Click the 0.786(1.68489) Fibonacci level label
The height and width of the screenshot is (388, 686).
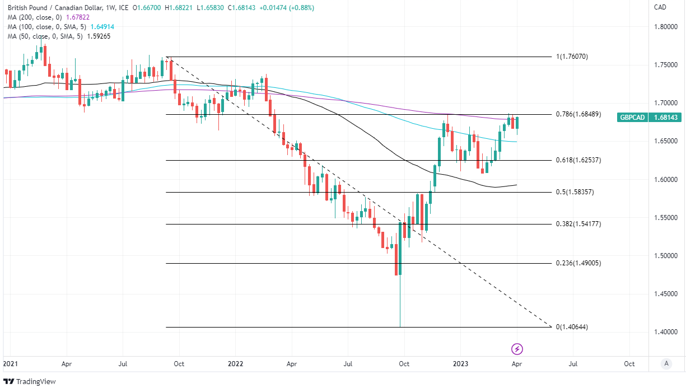[578, 114]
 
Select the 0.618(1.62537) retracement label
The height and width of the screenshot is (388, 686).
[578, 160]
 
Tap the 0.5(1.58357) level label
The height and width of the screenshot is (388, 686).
[575, 192]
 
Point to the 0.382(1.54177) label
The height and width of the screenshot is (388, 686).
[578, 224]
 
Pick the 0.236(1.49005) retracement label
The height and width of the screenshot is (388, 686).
[578, 263]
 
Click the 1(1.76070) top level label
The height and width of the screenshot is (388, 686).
[572, 57]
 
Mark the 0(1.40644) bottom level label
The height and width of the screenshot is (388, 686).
[572, 327]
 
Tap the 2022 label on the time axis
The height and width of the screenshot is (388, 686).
[236, 363]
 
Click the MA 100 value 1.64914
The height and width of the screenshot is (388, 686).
[101, 27]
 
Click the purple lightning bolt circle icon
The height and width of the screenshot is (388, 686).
[517, 349]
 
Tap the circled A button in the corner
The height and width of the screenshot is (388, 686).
[666, 363]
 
